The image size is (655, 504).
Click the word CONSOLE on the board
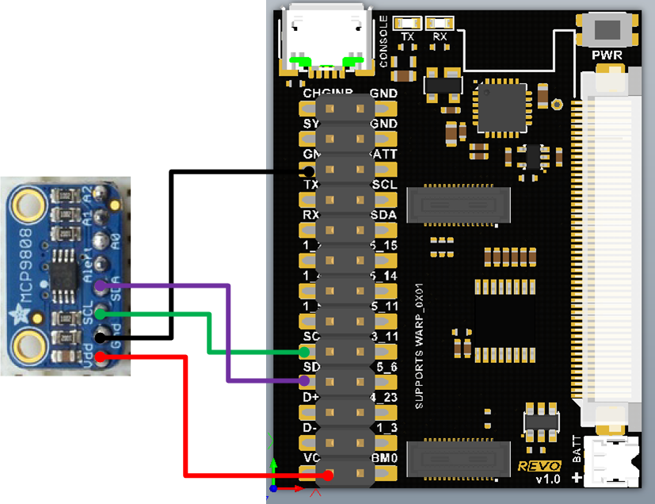[384, 41]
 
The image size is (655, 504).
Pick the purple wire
[228, 333]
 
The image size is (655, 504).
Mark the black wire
[170, 254]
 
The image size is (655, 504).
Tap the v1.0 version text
[547, 479]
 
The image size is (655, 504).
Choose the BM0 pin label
[384, 457]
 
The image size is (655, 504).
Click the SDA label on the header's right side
[383, 215]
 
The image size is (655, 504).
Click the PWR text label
[607, 55]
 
